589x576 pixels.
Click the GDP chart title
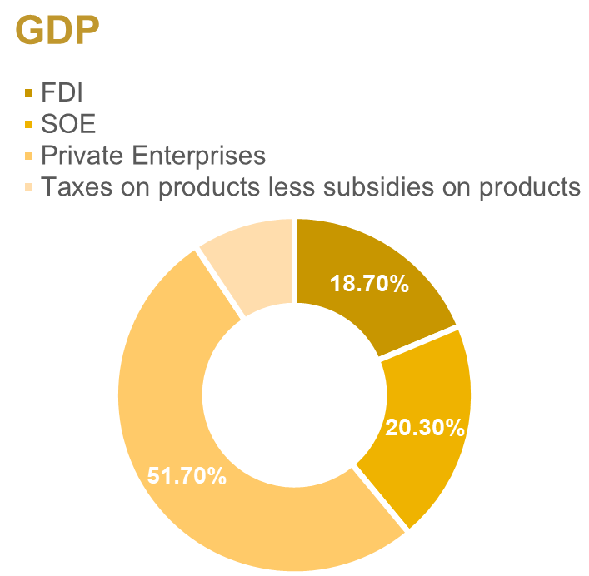click(x=57, y=31)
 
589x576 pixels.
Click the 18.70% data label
click(x=369, y=284)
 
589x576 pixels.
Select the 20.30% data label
click(x=424, y=428)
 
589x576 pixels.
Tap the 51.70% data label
click(x=187, y=476)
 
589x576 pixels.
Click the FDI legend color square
click(x=30, y=93)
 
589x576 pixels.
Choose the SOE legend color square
click(x=30, y=125)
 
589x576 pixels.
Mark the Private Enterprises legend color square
click(x=30, y=156)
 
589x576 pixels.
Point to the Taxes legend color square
click(x=30, y=186)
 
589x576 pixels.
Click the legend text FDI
click(x=62, y=92)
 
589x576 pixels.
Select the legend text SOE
click(x=68, y=124)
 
